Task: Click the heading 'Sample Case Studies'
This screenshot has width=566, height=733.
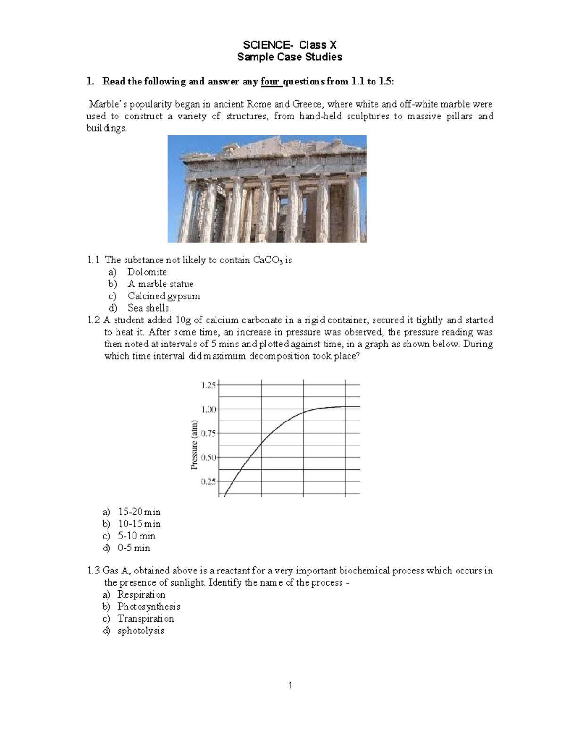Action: [290, 57]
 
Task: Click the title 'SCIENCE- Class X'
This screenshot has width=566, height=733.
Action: [290, 45]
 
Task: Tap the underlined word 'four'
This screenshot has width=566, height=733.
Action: [270, 82]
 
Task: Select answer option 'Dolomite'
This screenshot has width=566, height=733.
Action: [147, 272]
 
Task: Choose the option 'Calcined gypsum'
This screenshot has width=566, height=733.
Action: [164, 296]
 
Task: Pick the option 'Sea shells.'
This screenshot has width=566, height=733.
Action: [149, 308]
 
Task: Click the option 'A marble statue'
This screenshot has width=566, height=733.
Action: [160, 284]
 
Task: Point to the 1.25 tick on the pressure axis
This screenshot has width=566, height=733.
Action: [208, 385]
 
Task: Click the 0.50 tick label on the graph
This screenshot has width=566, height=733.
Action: [208, 457]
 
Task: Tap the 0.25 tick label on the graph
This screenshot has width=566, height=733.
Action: [208, 481]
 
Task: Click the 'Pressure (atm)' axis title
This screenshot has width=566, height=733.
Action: [194, 445]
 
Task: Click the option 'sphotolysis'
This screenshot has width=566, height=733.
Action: [141, 631]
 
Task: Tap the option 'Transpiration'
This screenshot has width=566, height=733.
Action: [145, 619]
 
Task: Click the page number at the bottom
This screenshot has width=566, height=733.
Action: [290, 685]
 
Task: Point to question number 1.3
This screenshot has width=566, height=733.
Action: [93, 571]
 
